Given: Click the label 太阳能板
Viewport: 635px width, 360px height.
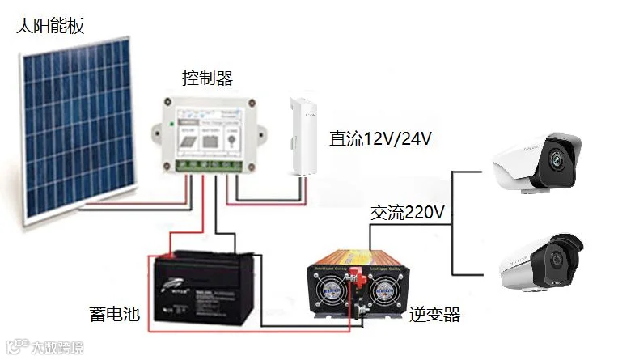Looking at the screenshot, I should point(49,26).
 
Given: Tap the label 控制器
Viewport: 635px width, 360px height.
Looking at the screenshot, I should point(207,78).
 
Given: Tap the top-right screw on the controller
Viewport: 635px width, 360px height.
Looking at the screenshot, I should point(252,103).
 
